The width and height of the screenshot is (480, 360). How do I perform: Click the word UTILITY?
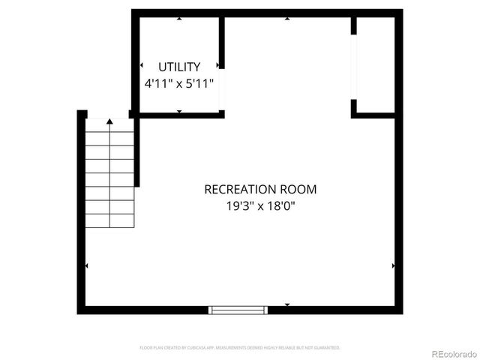point(179,67)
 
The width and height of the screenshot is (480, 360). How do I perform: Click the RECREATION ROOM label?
point(260,190)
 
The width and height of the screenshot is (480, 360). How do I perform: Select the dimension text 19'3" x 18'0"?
point(260,205)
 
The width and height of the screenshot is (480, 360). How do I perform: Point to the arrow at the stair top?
point(110,121)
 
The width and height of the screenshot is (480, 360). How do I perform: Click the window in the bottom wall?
point(238,308)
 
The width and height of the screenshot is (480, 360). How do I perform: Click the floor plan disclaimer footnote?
point(240,348)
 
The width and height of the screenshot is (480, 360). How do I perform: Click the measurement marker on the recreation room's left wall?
point(87,265)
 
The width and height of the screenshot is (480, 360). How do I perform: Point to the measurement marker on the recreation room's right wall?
point(393,265)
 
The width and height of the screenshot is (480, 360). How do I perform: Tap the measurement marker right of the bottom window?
point(287,304)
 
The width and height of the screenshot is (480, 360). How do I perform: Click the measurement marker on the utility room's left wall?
point(142,66)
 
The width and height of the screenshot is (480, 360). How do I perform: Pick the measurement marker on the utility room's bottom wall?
point(179,111)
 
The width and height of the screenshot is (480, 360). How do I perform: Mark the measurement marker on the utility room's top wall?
point(179,19)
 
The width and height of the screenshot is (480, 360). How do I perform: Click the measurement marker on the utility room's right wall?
point(217,66)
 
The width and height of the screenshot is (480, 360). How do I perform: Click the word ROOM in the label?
point(300,190)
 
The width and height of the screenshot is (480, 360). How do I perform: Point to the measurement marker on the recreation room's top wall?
point(287,19)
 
